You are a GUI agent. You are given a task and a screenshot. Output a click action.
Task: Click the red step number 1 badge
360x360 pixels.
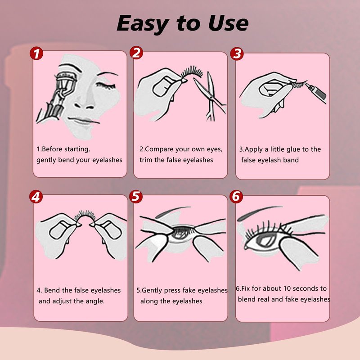tap(36, 54)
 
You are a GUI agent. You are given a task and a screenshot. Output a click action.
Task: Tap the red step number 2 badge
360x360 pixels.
tap(136, 53)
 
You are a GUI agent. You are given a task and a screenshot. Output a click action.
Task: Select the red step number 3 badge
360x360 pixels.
tap(237, 54)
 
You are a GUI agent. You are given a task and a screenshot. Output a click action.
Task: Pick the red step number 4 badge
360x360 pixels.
tap(36, 197)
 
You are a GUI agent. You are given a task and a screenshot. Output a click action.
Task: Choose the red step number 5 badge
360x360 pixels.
tap(136, 197)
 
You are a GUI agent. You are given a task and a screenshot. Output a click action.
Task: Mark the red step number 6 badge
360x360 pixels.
tap(236, 197)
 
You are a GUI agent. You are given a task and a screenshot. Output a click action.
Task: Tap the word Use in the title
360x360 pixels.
tap(228, 23)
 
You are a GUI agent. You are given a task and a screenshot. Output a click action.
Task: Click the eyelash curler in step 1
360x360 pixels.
tap(55, 97)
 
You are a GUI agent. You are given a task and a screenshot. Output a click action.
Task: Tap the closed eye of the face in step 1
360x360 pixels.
tap(106, 86)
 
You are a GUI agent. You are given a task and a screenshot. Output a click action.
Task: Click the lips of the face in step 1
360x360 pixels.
tap(83, 120)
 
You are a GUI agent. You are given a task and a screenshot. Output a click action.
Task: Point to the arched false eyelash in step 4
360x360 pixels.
tap(85, 215)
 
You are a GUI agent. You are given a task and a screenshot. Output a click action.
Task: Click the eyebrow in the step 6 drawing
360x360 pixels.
tap(259, 212)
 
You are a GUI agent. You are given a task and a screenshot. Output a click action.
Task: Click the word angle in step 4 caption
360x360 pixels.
tap(94, 301)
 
